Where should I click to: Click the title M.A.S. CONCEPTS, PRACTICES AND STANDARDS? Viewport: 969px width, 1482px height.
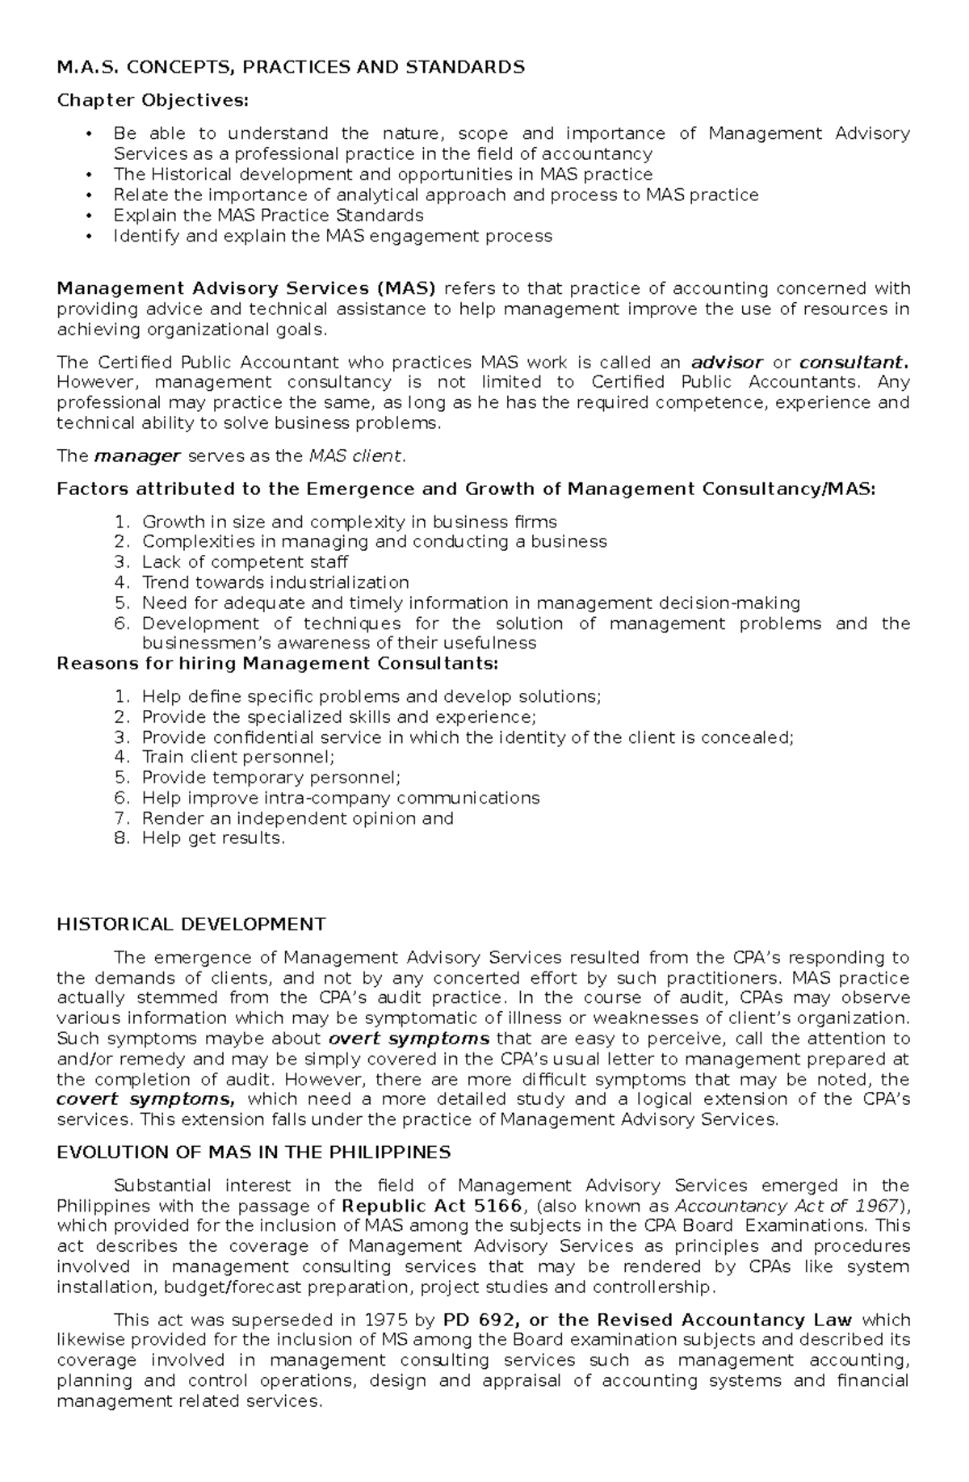click(x=291, y=67)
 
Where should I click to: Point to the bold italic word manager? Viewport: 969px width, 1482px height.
click(x=137, y=456)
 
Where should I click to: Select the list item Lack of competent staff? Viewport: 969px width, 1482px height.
click(x=245, y=562)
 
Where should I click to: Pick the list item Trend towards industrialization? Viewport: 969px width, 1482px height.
click(x=275, y=582)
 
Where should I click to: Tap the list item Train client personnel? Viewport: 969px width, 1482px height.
click(x=238, y=758)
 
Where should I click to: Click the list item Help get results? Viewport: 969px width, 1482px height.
click(x=213, y=838)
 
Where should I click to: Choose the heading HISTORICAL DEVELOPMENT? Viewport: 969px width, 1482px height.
click(x=191, y=924)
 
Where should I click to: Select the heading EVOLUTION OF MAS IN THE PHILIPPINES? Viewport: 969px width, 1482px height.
click(x=254, y=1152)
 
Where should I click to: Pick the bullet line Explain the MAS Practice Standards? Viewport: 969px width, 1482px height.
click(x=268, y=216)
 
